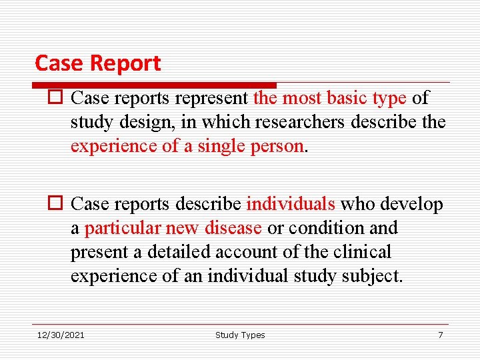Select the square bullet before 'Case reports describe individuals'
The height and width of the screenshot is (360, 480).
coord(55,204)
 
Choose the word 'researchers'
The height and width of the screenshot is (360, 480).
coord(311,123)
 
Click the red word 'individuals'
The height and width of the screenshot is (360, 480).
coord(291,204)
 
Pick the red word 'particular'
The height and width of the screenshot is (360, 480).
coord(123,228)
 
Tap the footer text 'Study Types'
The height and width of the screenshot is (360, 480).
coord(240,335)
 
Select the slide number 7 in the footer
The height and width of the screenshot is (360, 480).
coord(440,335)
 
